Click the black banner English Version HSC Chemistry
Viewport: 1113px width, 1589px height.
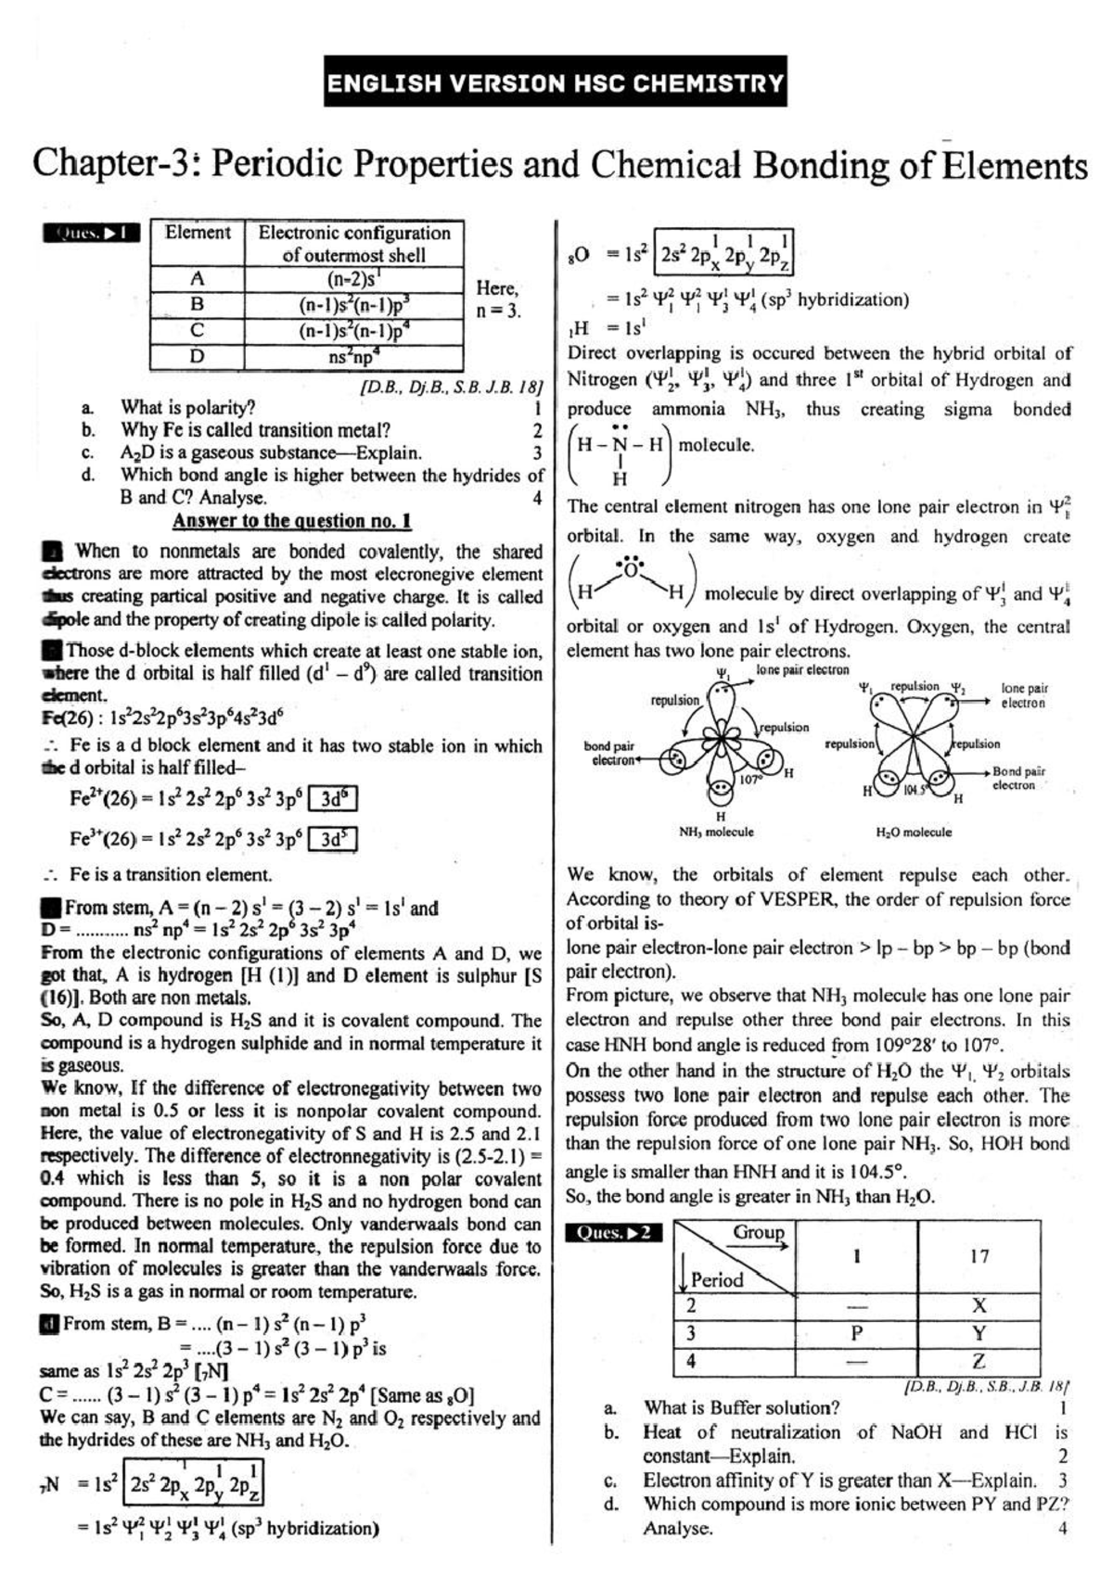pyautogui.click(x=555, y=83)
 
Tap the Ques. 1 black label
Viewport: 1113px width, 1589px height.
pyautogui.click(x=91, y=233)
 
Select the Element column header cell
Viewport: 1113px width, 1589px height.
pyautogui.click(x=198, y=233)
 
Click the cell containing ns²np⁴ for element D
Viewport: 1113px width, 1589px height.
pyautogui.click(x=353, y=357)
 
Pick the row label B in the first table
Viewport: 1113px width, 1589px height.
pyautogui.click(x=197, y=305)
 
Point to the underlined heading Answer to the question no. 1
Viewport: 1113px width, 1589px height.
pyautogui.click(x=292, y=520)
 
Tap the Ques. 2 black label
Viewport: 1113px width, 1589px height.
pyautogui.click(x=613, y=1232)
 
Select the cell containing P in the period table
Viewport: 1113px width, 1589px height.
pyautogui.click(x=856, y=1333)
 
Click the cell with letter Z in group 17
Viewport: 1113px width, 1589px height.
pyautogui.click(x=979, y=1361)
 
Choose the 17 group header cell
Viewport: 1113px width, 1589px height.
pyautogui.click(x=979, y=1256)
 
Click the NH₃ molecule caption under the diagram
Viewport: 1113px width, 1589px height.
pyautogui.click(x=716, y=832)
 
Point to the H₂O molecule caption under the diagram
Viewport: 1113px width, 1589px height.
pyautogui.click(x=914, y=832)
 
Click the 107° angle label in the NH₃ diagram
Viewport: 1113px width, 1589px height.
pyautogui.click(x=751, y=780)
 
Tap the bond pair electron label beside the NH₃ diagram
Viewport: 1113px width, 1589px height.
pyautogui.click(x=609, y=753)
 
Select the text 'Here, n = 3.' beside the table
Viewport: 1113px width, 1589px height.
pyautogui.click(x=498, y=299)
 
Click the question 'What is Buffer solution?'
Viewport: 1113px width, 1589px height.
pyautogui.click(x=741, y=1407)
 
